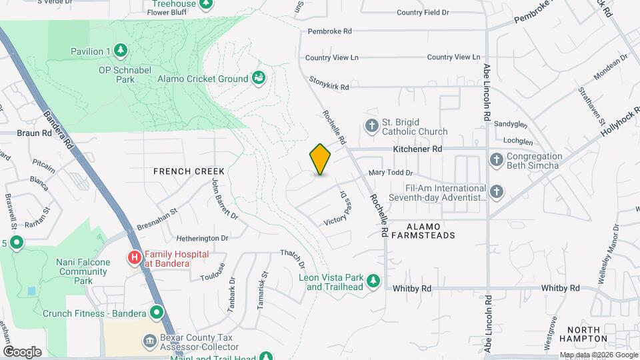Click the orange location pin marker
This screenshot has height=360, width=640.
point(321,159)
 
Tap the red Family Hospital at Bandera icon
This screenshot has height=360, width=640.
point(135,257)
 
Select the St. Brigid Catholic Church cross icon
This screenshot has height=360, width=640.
point(371,125)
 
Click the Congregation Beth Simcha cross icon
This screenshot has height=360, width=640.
point(495,159)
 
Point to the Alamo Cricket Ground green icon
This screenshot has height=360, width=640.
point(259,79)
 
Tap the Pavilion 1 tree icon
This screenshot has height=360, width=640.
point(120,51)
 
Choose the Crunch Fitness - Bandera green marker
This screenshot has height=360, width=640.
point(157,312)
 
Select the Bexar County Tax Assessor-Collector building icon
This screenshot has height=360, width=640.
point(150,341)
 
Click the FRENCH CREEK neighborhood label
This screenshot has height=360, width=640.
point(189,171)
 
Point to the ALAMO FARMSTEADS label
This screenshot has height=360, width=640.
point(423,230)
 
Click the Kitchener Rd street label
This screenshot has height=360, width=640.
point(418,149)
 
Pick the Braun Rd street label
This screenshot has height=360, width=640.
point(34,133)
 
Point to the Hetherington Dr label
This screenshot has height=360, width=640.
point(202,237)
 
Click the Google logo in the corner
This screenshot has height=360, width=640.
point(22,351)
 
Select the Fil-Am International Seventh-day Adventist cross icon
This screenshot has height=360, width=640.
point(495,193)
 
